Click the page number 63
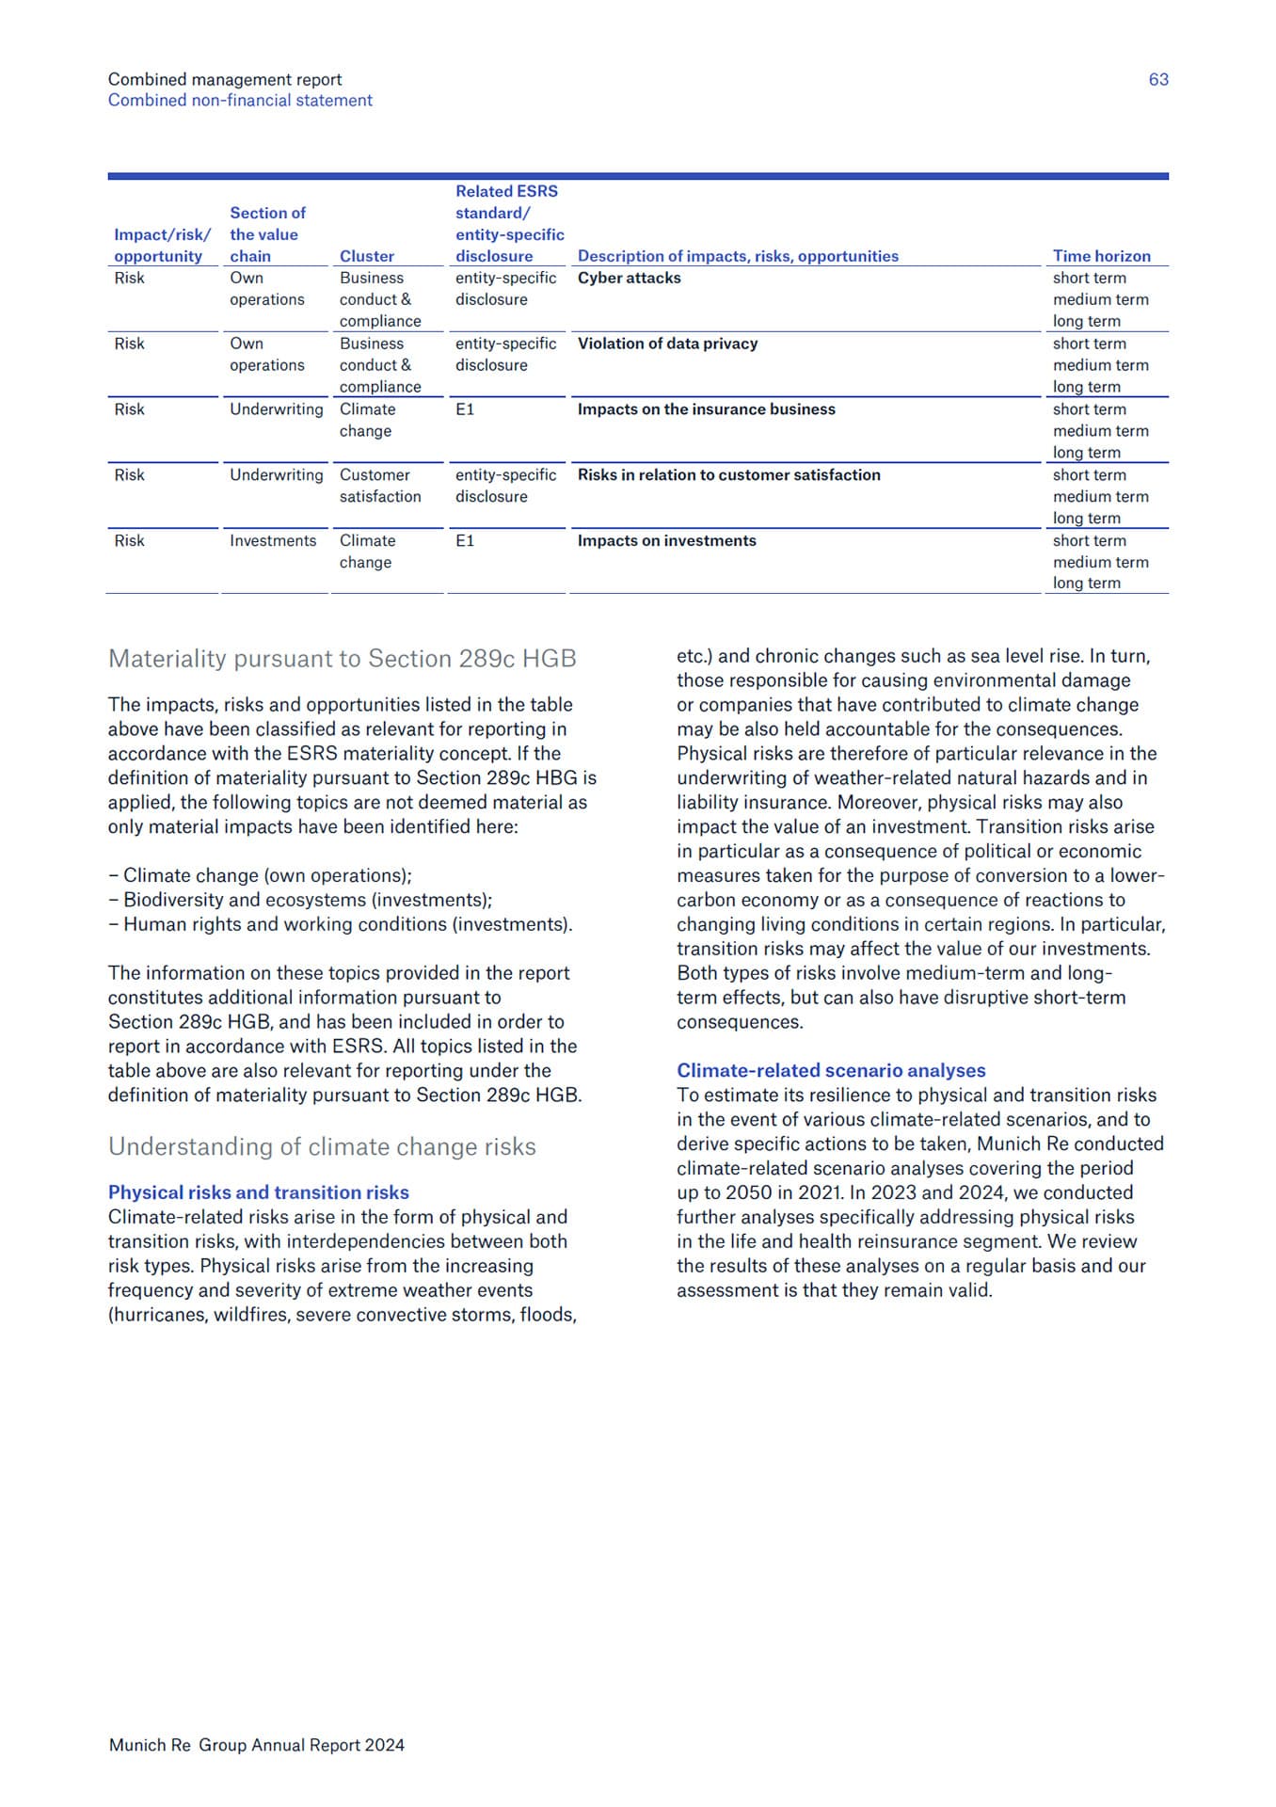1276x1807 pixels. [1157, 80]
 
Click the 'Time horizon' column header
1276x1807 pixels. [1101, 256]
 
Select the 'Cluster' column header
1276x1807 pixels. [367, 256]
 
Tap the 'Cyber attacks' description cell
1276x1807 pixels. [629, 279]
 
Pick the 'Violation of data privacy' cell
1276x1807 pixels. [667, 344]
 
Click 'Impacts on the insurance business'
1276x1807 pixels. [706, 410]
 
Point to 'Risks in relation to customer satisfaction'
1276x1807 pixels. [728, 475]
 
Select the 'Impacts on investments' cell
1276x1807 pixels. [666, 541]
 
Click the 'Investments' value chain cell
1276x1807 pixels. [273, 541]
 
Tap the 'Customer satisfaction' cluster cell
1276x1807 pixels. [380, 486]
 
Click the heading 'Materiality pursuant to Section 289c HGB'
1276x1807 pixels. [343, 659]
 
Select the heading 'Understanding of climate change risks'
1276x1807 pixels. [322, 1147]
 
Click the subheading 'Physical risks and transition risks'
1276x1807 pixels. [259, 1192]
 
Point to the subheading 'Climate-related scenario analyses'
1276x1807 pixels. [831, 1071]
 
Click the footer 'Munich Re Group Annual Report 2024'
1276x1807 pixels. [257, 1745]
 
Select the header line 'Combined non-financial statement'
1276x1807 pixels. [240, 101]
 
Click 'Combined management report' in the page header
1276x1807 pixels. [225, 80]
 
